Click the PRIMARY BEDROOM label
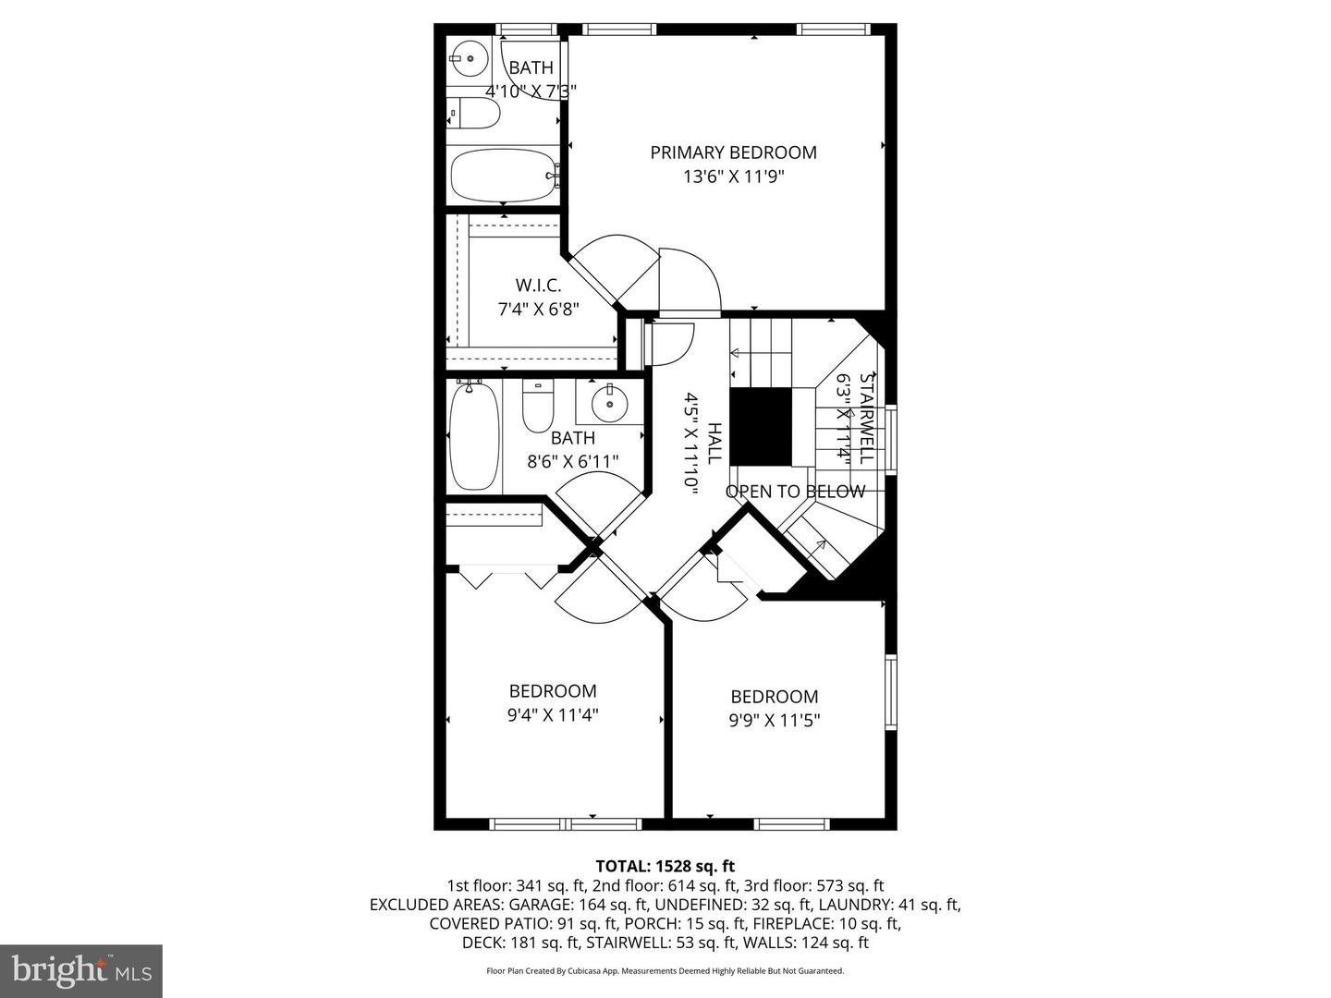(x=733, y=152)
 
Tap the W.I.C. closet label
(x=538, y=286)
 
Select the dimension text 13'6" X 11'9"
(x=733, y=176)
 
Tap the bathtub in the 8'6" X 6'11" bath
(x=474, y=436)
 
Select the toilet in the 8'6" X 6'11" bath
(x=537, y=407)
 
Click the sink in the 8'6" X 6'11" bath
(x=608, y=402)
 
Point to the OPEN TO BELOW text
(x=795, y=492)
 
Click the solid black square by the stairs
(x=761, y=426)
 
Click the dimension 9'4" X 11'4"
(x=553, y=714)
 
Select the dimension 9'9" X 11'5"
(x=775, y=720)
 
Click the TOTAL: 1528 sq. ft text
(x=665, y=866)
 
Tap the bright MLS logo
(x=81, y=970)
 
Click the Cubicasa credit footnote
(x=665, y=971)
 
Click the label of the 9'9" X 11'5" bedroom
(x=775, y=697)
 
